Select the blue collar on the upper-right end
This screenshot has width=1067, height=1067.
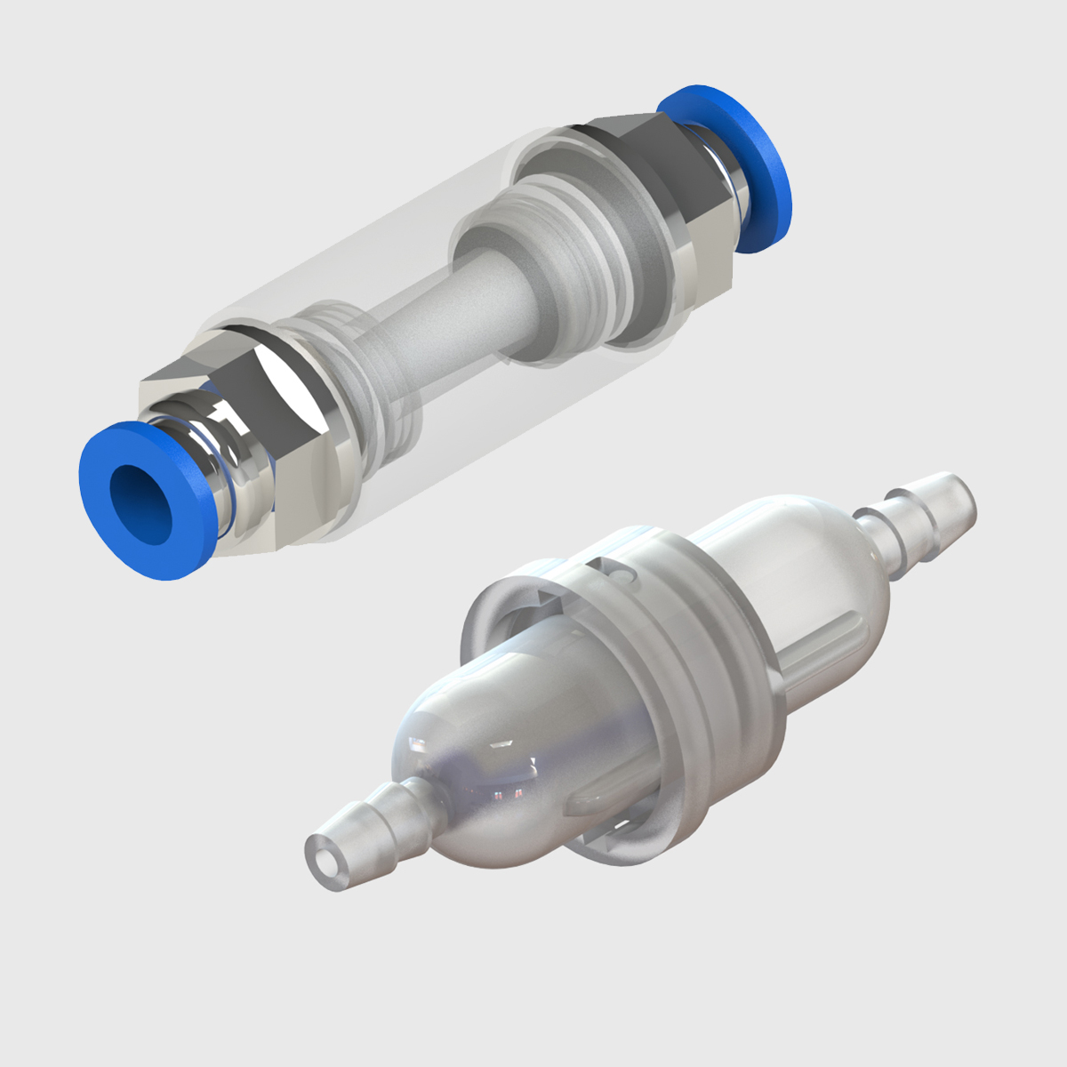click(x=751, y=164)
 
